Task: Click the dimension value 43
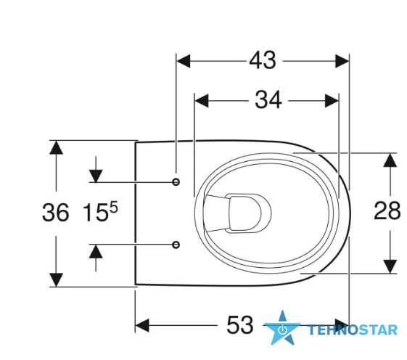(263, 60)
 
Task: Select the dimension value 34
(268, 100)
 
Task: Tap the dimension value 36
(56, 213)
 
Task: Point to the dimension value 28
(387, 210)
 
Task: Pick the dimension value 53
(240, 325)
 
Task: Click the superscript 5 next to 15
(114, 207)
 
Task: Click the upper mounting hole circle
(176, 182)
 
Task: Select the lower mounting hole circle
(176, 245)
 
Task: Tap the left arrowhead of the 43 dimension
(184, 61)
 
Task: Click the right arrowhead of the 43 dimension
(342, 61)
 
